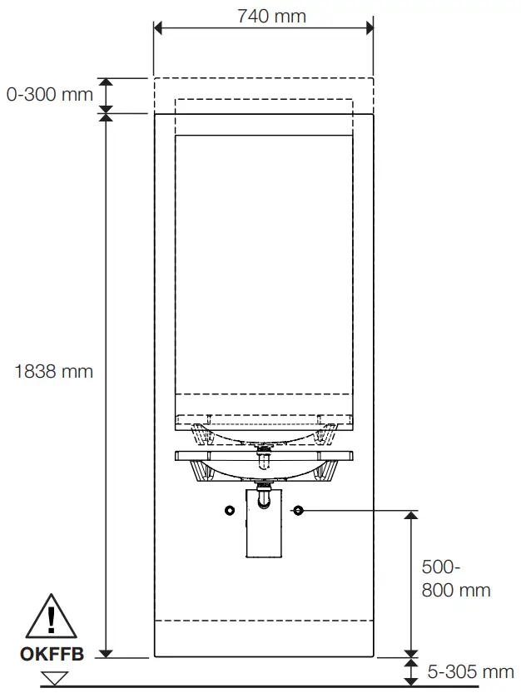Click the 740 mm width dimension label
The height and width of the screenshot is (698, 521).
click(x=271, y=16)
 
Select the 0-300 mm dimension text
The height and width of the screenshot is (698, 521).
click(x=49, y=95)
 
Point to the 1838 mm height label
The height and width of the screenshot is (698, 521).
click(x=53, y=372)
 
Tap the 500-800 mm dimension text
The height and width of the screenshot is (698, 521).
click(x=455, y=579)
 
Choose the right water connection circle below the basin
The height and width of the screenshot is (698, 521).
click(x=298, y=509)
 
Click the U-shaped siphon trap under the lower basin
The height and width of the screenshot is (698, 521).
click(x=265, y=499)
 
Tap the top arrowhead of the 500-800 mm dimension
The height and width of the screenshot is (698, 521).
click(x=409, y=516)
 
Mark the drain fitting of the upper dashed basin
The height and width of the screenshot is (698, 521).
click(x=265, y=449)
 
